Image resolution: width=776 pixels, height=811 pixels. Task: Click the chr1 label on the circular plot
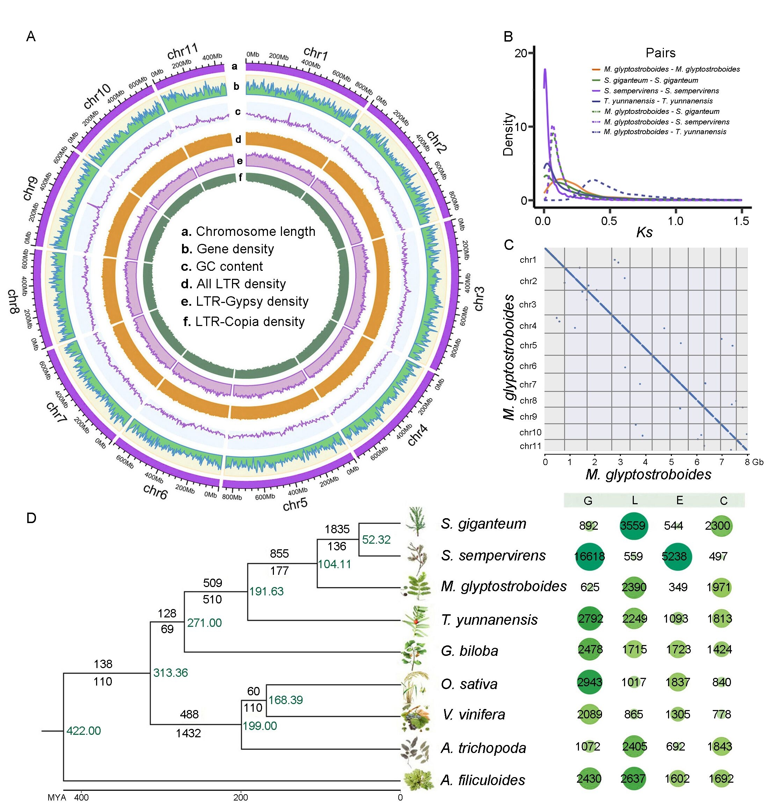pos(316,53)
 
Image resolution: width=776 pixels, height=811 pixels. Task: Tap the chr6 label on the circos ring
pos(155,491)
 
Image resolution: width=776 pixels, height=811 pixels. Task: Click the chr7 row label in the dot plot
pos(528,385)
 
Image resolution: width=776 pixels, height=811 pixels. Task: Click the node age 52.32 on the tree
pos(376,540)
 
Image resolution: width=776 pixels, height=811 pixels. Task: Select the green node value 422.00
pos(84,731)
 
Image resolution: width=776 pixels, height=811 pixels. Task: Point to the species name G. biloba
pos(470,651)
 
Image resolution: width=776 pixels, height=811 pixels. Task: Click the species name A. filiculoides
pos(483,780)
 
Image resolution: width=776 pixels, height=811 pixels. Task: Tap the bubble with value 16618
pos(589,557)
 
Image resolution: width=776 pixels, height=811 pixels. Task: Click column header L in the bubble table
pos(634,501)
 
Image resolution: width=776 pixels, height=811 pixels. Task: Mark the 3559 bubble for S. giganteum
pos(633,526)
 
